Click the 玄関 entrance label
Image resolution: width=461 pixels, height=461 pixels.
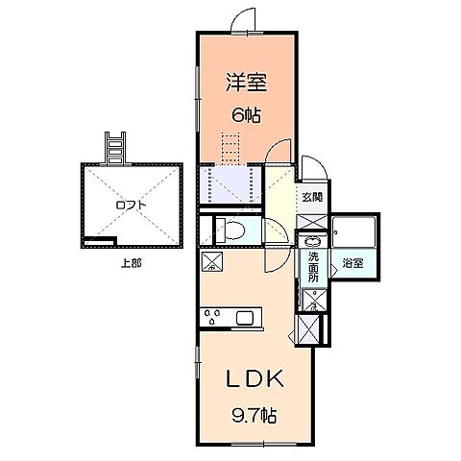coord(313,198)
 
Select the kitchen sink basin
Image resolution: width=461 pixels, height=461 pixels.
coord(244,319)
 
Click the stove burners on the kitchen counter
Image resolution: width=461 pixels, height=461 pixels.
coord(213,316)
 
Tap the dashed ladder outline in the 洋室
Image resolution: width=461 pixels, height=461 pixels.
coord(230,150)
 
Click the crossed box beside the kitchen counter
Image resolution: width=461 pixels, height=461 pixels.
coord(212,262)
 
